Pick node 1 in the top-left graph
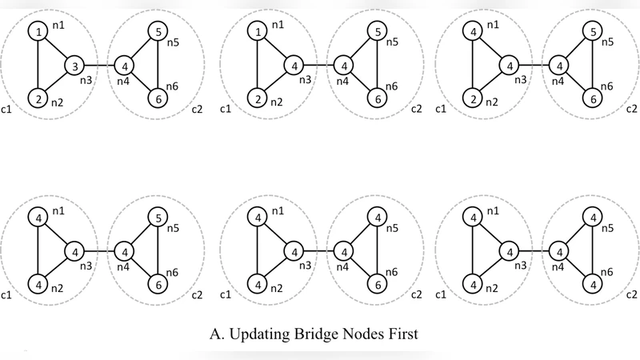pyautogui.click(x=38, y=32)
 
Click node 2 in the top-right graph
pyautogui.click(x=475, y=99)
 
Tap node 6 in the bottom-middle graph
pyautogui.click(x=374, y=284)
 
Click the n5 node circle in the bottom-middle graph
pyautogui.click(x=374, y=217)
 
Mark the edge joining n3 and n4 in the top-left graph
pyautogui.click(x=99, y=65)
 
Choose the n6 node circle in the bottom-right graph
pyautogui.click(x=592, y=284)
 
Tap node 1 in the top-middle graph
pyautogui.click(x=257, y=32)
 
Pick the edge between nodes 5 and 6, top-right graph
pyautogui.click(x=592, y=65)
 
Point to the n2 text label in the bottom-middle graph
pyautogui.click(x=277, y=286)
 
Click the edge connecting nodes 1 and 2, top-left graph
pyautogui.click(x=38, y=65)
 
